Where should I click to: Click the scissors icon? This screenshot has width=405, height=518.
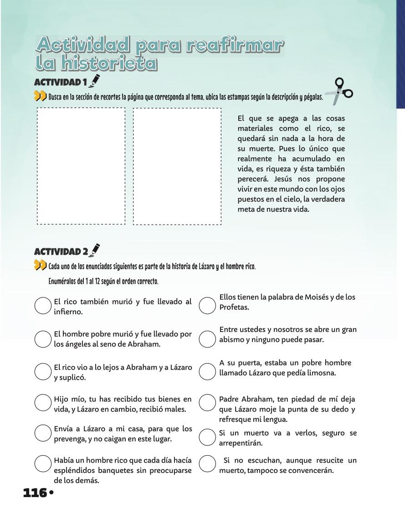tap(339, 91)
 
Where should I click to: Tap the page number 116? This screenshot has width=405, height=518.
tap(35, 493)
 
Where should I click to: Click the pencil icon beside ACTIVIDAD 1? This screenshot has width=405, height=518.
tap(95, 81)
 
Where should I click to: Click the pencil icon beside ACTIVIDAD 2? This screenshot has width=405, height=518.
tap(96, 250)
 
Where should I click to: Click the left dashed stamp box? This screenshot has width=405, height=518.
tap(81, 166)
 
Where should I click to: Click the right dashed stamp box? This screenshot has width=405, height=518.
tap(177, 166)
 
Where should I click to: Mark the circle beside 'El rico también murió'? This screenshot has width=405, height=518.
tap(43, 306)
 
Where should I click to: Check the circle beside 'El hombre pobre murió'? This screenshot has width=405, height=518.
tap(43, 338)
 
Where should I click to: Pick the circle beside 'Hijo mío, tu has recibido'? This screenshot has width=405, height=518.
tap(43, 403)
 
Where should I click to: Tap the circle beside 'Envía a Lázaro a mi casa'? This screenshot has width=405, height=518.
tap(43, 433)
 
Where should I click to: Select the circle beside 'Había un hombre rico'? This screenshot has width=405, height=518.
tap(43, 464)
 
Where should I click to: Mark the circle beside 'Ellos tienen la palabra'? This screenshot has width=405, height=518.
tap(207, 306)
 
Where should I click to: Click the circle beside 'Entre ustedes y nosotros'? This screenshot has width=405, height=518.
tap(207, 338)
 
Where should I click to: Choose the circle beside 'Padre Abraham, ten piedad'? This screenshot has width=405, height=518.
tap(207, 403)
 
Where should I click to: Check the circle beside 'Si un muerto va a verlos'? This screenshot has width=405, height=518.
tap(207, 437)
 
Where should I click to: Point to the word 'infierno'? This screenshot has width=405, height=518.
tap(68, 312)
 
